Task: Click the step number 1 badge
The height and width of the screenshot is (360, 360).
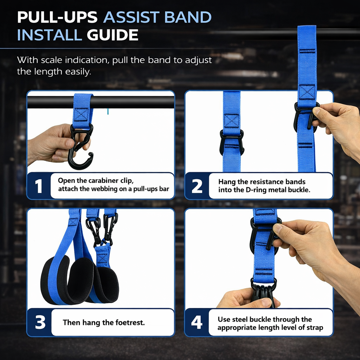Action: (x=39, y=186)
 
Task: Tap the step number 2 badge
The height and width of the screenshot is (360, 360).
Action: (x=197, y=186)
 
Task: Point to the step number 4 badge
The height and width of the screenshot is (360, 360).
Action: (x=197, y=322)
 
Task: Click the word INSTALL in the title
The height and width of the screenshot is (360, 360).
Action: (x=49, y=36)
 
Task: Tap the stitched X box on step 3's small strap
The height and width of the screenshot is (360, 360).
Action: (x=103, y=258)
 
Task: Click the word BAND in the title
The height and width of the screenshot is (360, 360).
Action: (x=190, y=18)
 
